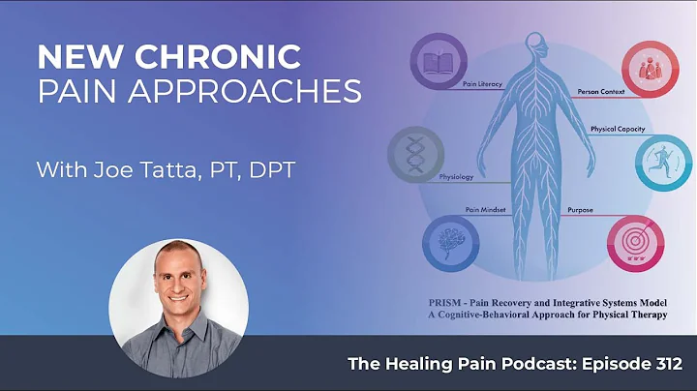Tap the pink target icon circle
633,242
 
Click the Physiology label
456,178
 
